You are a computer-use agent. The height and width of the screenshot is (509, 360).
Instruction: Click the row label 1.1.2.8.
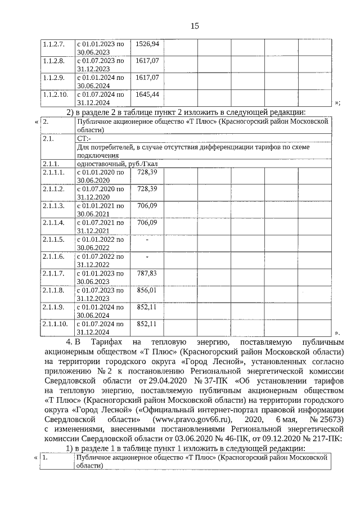tap(55, 60)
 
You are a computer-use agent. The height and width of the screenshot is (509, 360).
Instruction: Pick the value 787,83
tap(147, 273)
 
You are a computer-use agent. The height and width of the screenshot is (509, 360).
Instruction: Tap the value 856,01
tap(147, 290)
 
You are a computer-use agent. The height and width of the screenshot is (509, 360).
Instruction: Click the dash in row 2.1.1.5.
tap(147, 240)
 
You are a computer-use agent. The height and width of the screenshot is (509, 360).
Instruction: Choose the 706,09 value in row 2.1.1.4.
tap(147, 222)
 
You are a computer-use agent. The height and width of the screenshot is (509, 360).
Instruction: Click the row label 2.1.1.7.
tap(55, 273)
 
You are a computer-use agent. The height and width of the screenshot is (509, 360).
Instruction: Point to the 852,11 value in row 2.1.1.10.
tap(147, 324)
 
